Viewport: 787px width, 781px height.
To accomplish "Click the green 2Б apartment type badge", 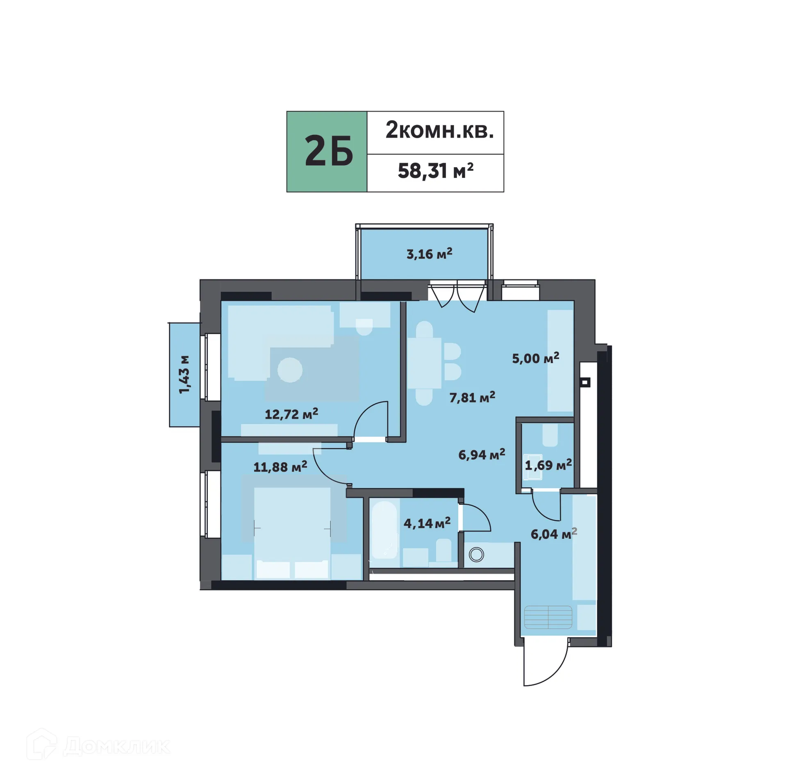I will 327,151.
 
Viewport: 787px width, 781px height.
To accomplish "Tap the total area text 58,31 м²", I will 435,171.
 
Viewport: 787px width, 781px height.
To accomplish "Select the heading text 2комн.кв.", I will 439,131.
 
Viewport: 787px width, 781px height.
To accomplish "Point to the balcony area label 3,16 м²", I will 429,254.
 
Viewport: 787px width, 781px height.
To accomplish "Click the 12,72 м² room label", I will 291,414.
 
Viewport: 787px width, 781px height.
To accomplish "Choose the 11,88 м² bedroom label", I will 280,467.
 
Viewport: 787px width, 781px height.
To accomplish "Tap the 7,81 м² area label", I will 472,397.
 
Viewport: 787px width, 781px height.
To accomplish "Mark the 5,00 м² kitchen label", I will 535,359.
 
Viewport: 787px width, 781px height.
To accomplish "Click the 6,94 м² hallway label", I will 481,454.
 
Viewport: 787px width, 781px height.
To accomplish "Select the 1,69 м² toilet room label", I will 548,465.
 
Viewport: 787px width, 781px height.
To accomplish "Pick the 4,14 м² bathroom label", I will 427,523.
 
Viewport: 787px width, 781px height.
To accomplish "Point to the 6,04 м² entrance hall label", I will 553,534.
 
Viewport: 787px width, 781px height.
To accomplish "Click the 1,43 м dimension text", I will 184,375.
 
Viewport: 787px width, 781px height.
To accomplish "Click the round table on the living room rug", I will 290,370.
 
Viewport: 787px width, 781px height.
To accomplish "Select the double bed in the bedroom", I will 292,533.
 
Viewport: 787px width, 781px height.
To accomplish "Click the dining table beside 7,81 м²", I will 424,363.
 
